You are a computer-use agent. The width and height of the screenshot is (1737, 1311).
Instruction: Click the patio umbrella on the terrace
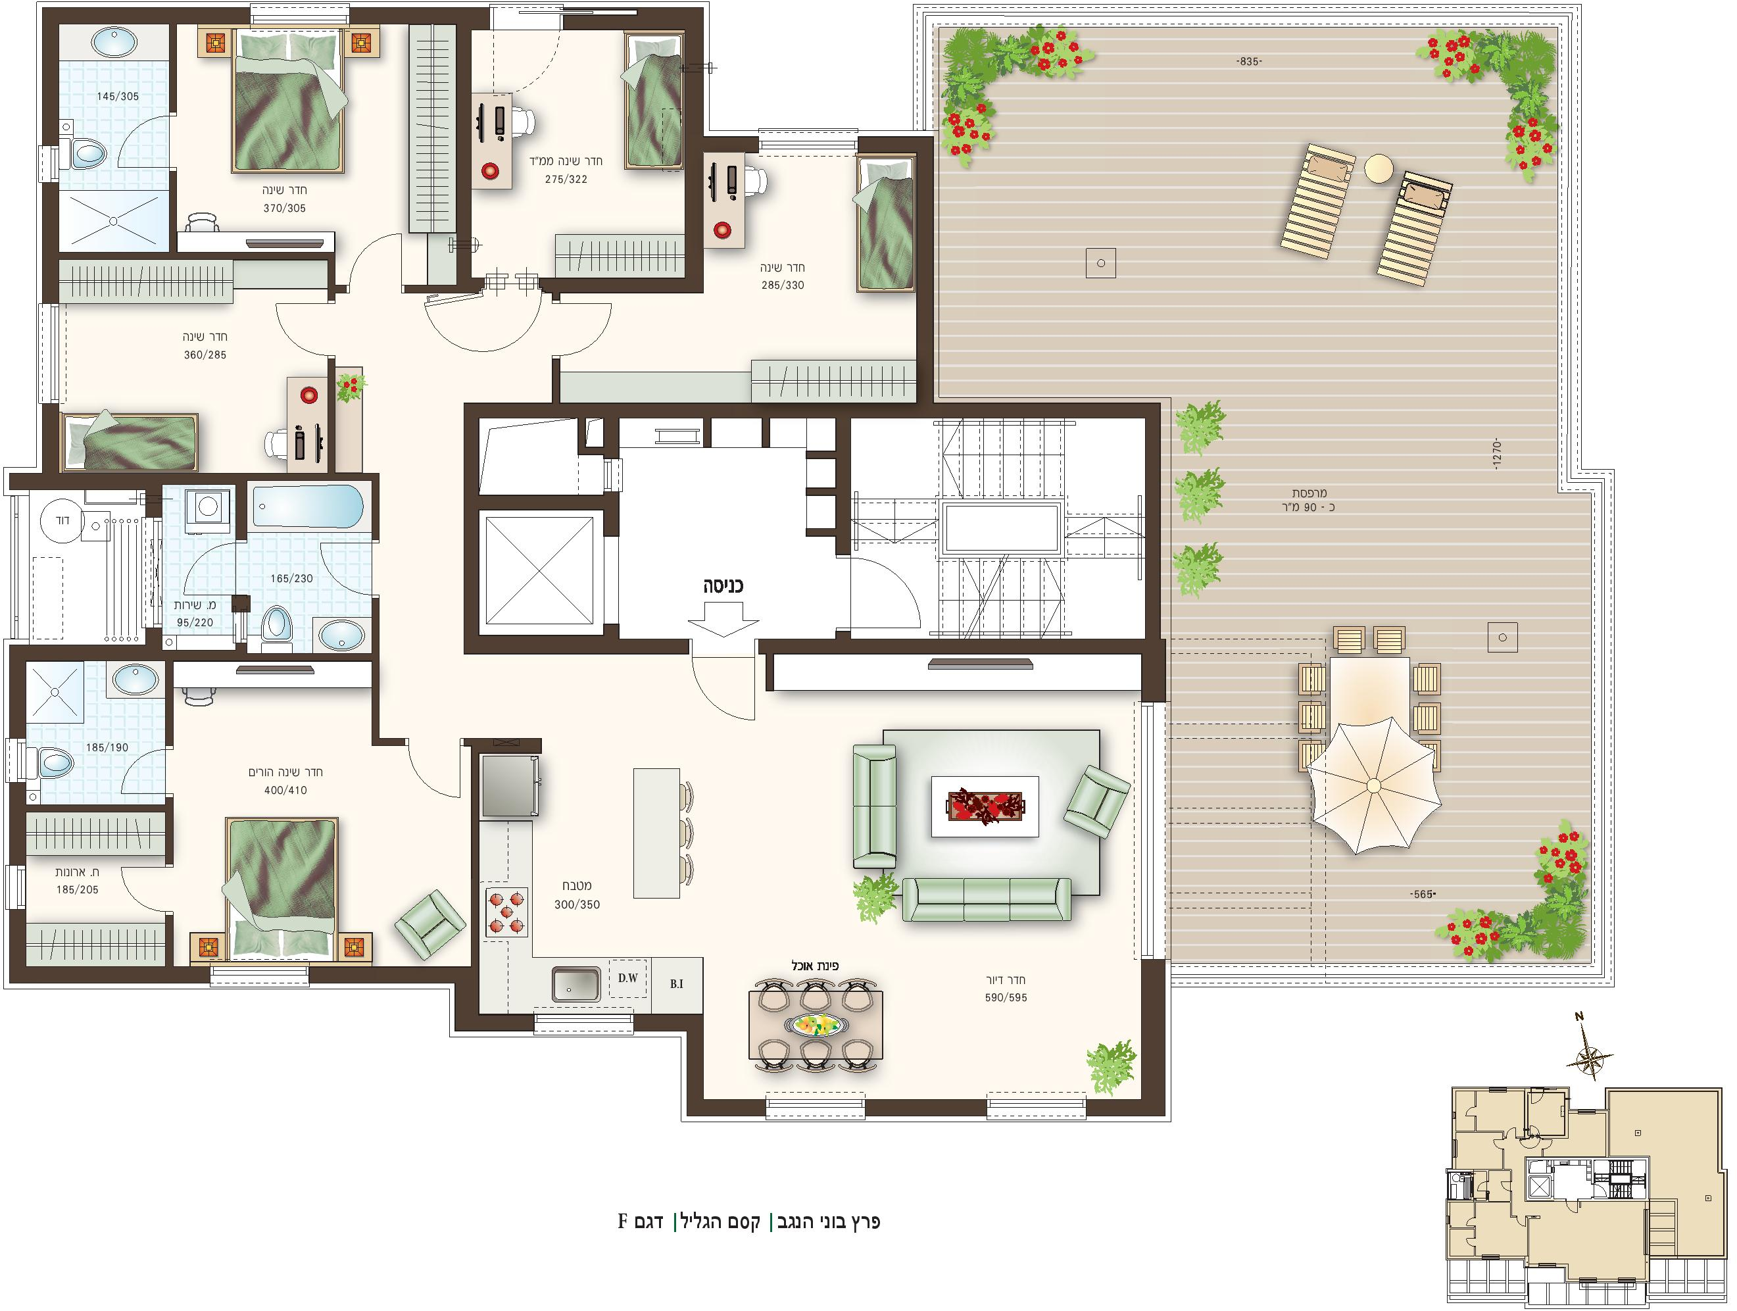[x=1373, y=785]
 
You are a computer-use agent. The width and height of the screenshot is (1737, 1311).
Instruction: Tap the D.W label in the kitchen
[x=627, y=978]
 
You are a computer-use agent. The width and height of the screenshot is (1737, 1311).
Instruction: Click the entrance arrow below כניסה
[x=723, y=618]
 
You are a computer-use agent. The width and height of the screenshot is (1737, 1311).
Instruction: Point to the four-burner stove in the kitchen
[x=507, y=912]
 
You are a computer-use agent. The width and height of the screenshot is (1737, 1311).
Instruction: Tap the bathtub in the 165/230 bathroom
[x=308, y=506]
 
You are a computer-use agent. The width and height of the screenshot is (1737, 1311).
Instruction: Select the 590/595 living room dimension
[x=1006, y=999]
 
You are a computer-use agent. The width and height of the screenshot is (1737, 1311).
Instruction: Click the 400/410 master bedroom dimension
[x=286, y=790]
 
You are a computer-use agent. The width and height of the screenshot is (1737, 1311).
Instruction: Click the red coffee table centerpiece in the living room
[x=985, y=806]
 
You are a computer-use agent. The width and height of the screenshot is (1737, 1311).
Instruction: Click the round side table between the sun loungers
[x=1379, y=168]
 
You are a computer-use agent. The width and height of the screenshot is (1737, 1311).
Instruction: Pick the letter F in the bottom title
[x=623, y=1222]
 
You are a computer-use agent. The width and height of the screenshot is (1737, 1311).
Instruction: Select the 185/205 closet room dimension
[x=78, y=890]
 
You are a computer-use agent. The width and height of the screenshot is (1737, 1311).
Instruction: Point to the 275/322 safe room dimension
[x=566, y=179]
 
